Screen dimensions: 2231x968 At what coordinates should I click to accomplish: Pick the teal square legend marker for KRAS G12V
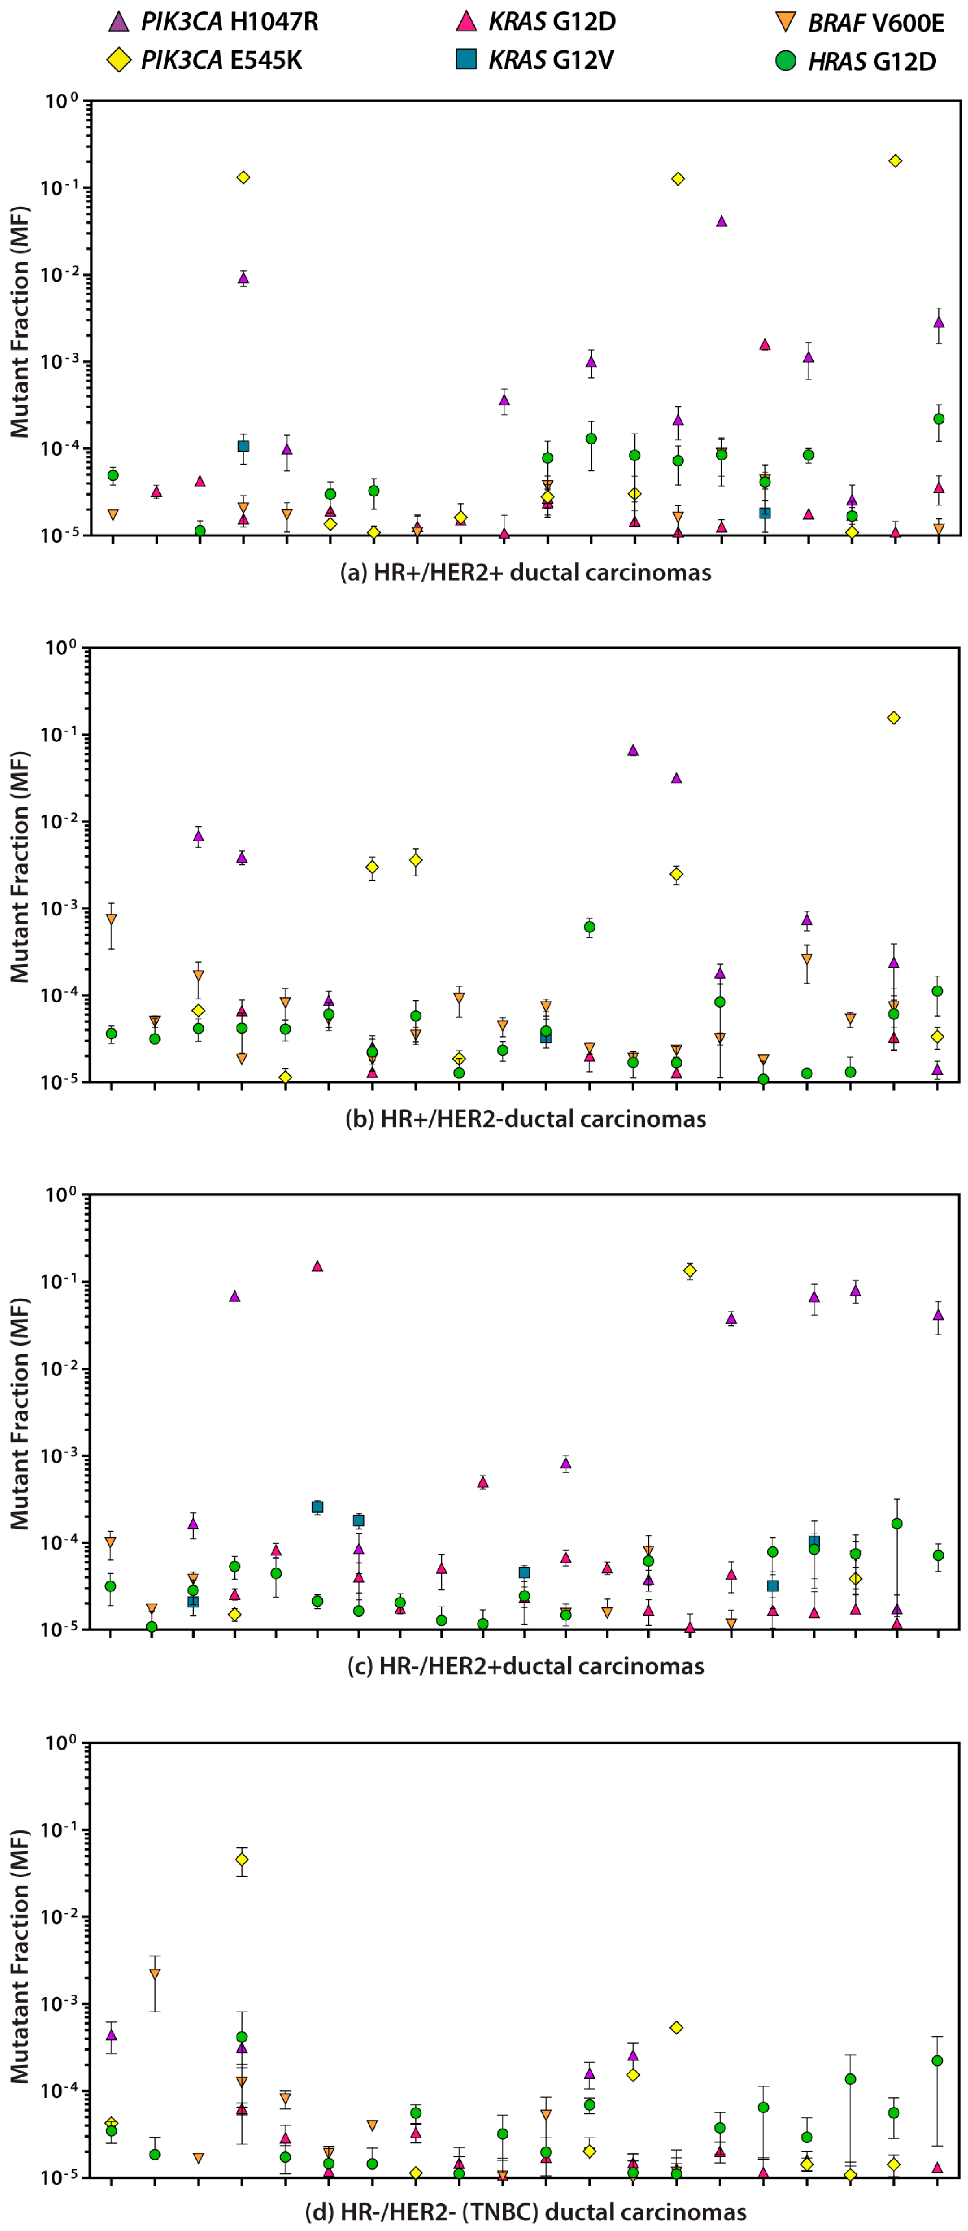(467, 60)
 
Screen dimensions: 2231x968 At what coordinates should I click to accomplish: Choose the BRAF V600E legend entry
(875, 22)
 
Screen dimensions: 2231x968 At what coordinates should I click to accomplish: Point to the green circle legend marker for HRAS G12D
(785, 61)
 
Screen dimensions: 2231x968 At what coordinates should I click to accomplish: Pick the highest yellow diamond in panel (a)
(895, 161)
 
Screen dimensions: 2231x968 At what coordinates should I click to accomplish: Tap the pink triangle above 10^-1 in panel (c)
(317, 1266)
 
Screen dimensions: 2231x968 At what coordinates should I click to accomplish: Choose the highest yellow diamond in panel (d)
(243, 1860)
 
